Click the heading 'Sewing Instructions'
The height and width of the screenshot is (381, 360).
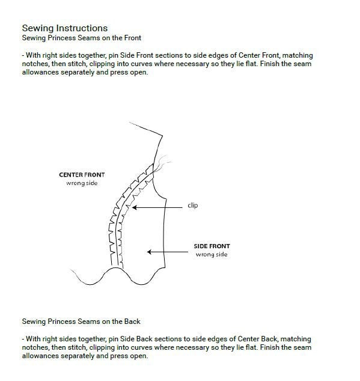65,28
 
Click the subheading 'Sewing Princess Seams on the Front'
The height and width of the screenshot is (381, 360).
81,38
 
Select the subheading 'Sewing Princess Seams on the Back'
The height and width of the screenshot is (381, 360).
81,322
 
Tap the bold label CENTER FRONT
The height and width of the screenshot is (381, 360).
82,175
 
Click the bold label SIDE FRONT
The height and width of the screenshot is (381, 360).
212,246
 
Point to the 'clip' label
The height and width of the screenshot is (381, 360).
193,206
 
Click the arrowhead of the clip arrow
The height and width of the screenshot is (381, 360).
134,207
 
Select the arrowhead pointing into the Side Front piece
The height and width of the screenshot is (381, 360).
149,252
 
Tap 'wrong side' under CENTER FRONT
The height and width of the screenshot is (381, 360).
82,183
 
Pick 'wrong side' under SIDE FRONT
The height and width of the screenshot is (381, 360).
212,255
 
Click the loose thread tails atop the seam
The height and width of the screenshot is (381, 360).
162,163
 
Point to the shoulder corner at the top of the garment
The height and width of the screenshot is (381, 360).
162,136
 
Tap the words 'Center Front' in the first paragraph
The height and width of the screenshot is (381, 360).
259,55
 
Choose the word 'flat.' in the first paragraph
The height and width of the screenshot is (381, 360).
251,64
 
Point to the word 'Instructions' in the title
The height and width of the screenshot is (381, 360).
82,28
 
